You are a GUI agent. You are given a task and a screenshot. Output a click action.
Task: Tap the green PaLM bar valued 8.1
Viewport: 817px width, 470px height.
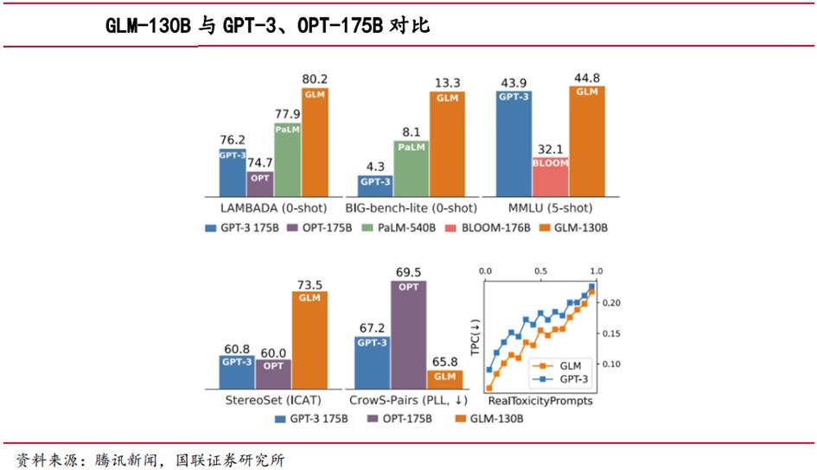point(412,168)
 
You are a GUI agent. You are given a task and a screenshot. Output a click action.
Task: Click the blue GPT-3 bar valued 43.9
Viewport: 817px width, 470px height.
point(514,143)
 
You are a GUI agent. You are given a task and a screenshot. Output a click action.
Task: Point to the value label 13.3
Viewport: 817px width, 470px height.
point(448,82)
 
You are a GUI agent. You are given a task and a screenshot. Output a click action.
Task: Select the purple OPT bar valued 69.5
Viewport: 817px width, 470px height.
point(407,336)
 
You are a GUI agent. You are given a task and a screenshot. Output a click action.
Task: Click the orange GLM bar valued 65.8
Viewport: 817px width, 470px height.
point(444,379)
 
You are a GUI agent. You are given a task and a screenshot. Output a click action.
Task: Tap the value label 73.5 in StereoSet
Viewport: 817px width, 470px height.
point(309,284)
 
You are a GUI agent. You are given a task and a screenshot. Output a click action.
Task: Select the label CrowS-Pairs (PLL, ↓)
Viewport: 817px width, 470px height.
point(408,401)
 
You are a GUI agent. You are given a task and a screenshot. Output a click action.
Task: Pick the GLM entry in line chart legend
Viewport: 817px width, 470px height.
point(558,366)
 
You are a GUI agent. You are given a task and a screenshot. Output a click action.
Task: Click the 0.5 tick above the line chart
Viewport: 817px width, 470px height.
point(540,270)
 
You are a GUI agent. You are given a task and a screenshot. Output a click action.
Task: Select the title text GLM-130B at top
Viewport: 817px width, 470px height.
point(148,27)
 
